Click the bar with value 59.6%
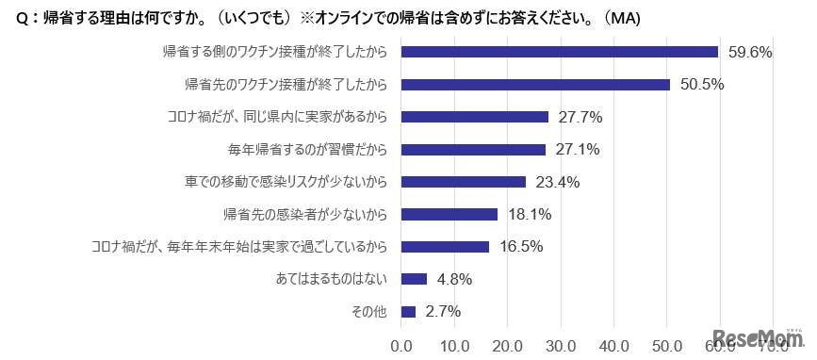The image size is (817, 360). coord(560,52)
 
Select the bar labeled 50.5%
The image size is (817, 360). coord(535,85)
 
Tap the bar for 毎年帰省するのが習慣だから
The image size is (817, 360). coord(473,149)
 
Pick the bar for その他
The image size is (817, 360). coord(409,311)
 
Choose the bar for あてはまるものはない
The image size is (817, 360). coord(415,279)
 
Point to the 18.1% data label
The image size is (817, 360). coord(531,214)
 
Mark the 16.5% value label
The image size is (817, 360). coord(522,247)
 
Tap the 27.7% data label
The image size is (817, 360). coord(581,117)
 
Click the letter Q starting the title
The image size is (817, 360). coord(23,19)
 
